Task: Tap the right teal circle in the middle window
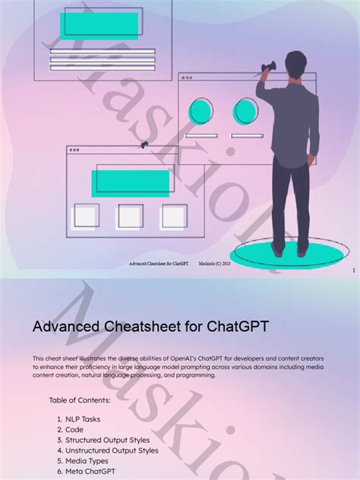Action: [x=247, y=111]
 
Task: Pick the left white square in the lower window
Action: [x=86, y=216]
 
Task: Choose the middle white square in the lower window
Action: [x=130, y=216]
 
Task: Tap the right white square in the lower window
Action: [x=174, y=216]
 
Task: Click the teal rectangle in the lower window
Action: [x=131, y=183]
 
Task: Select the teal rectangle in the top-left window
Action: [x=99, y=26]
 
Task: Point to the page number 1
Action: [x=354, y=270]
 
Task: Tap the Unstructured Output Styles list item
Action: [x=106, y=450]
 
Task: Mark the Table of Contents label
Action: [x=80, y=399]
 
